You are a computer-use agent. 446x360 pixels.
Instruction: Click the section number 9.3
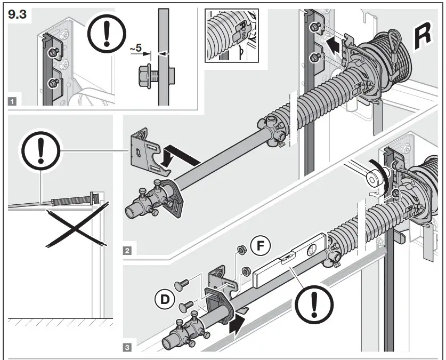[x=18, y=15]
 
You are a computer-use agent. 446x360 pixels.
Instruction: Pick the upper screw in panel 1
[x=53, y=51]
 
